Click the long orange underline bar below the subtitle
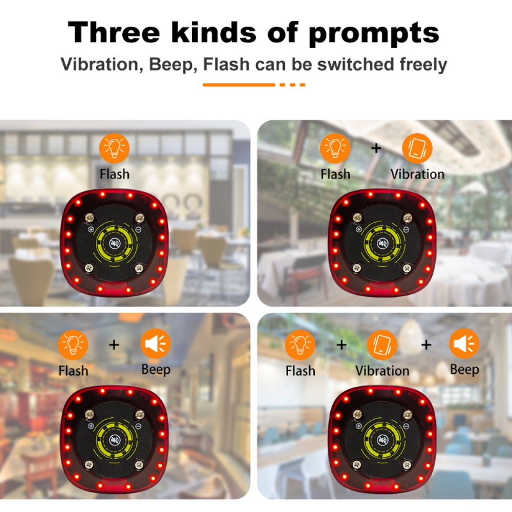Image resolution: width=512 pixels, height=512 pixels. (239, 84)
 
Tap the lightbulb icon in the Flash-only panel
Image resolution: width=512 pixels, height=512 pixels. (115, 147)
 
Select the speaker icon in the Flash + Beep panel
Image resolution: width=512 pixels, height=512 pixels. (156, 344)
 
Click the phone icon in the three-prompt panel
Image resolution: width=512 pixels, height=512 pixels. (382, 345)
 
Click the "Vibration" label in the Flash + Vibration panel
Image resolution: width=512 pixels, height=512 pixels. (417, 174)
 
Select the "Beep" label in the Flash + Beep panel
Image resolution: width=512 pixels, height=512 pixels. (156, 369)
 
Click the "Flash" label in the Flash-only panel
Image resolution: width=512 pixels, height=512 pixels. (115, 174)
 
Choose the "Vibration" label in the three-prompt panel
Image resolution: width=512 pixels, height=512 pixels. (382, 370)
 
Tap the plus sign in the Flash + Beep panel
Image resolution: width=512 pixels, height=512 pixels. (114, 345)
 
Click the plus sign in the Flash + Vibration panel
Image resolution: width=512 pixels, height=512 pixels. (376, 148)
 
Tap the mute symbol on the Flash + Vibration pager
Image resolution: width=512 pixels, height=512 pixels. (382, 243)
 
